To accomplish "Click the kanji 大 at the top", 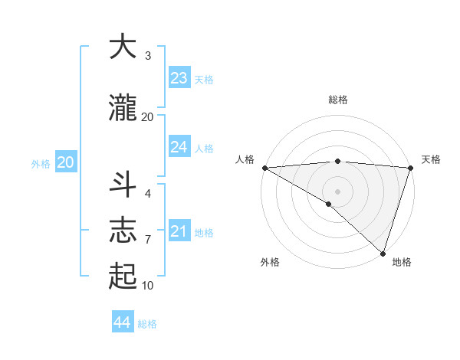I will [x=123, y=47].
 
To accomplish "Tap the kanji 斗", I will [x=123, y=185].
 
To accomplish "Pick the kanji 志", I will [x=123, y=230].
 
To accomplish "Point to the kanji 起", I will [x=123, y=276].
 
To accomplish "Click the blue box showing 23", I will [x=179, y=78].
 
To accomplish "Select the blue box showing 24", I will [x=179, y=147].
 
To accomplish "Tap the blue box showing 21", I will [x=179, y=231].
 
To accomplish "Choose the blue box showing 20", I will [x=66, y=162].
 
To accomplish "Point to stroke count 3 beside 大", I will [x=147, y=55].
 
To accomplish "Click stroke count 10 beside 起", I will [x=147, y=286].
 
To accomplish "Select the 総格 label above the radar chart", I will [x=337, y=100].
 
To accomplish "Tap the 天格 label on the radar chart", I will [x=431, y=159].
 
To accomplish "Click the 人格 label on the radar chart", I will [x=245, y=159].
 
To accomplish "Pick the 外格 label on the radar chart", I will [x=270, y=263].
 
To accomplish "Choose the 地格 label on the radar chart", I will [x=402, y=263].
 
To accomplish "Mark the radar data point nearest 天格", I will [x=410, y=168].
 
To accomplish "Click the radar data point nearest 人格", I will [x=264, y=168].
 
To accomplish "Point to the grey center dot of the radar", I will [x=337, y=190].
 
